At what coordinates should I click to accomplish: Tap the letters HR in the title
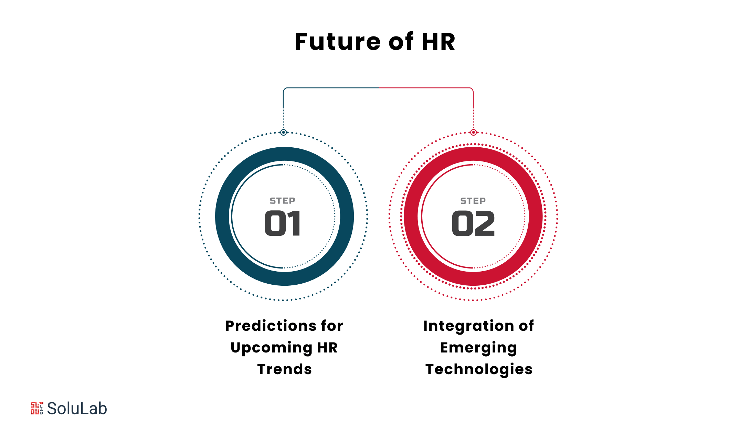pyautogui.click(x=439, y=42)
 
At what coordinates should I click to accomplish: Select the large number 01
pyautogui.click(x=283, y=223)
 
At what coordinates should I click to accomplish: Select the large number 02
pyautogui.click(x=473, y=223)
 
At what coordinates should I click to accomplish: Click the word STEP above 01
pyautogui.click(x=283, y=201)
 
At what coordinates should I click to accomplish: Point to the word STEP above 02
pyautogui.click(x=473, y=201)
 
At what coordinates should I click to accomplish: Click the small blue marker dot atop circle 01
pyautogui.click(x=283, y=132)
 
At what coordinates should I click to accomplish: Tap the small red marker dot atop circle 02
pyautogui.click(x=474, y=132)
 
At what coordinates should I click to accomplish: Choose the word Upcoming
pyautogui.click(x=272, y=348)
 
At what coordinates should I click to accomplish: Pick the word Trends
pyautogui.click(x=285, y=369)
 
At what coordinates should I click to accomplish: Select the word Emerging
pyautogui.click(x=479, y=348)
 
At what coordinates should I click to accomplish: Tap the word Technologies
pyautogui.click(x=479, y=370)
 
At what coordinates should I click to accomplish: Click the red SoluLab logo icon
pyautogui.click(x=37, y=408)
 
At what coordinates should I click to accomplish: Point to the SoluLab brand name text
pyautogui.click(x=77, y=409)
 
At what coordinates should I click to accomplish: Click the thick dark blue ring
pyautogui.click(x=222, y=216)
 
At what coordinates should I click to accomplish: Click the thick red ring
pyautogui.click(x=411, y=216)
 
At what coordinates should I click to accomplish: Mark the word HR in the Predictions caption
pyautogui.click(x=327, y=348)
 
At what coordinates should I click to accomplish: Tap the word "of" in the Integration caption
pyautogui.click(x=526, y=326)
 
